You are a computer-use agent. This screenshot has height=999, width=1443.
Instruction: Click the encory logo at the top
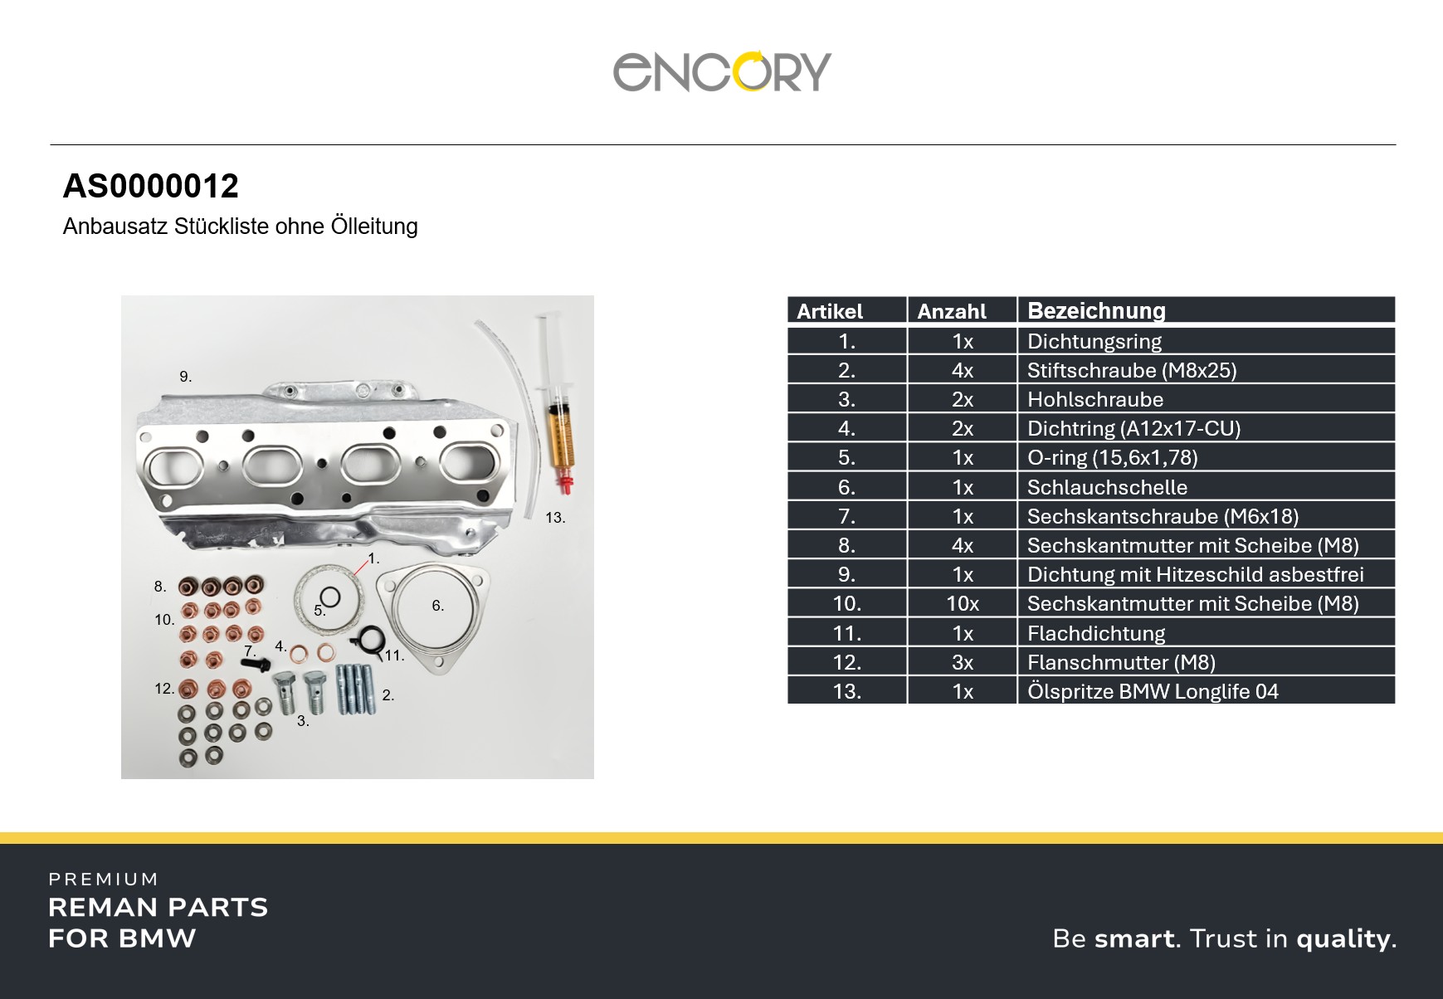pyautogui.click(x=722, y=71)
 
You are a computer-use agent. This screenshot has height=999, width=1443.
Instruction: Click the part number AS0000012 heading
pyautogui.click(x=151, y=186)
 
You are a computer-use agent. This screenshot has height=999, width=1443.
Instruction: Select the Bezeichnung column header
pyautogui.click(x=1096, y=310)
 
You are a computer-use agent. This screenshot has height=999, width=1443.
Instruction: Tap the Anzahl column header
pyautogui.click(x=952, y=311)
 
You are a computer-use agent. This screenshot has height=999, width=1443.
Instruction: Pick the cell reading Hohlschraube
pyautogui.click(x=1095, y=399)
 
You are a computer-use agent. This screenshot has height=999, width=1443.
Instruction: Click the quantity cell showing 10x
pyautogui.click(x=963, y=603)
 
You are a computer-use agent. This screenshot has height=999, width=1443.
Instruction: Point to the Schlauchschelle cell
pyautogui.click(x=1107, y=487)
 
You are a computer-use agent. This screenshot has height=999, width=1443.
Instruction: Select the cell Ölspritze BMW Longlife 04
pyautogui.click(x=1153, y=691)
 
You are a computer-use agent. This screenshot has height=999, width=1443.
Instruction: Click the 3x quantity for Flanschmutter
pyautogui.click(x=963, y=662)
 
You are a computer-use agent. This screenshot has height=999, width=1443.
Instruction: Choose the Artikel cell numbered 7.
pyautogui.click(x=846, y=516)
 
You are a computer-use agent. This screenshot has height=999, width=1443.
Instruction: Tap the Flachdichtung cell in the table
pyautogui.click(x=1096, y=633)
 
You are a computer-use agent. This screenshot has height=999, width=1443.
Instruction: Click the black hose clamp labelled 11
pyautogui.click(x=367, y=639)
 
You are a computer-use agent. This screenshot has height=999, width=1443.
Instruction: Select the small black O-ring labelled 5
pyautogui.click(x=329, y=597)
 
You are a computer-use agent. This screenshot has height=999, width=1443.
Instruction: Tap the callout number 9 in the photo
pyautogui.click(x=185, y=377)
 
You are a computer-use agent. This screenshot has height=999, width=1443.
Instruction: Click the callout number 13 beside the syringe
pyautogui.click(x=555, y=518)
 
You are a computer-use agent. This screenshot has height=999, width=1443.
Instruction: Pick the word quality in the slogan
pyautogui.click(x=1343, y=938)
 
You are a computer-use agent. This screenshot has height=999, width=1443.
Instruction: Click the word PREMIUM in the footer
pyautogui.click(x=104, y=880)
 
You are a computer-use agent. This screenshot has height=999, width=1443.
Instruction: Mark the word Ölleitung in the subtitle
pyautogui.click(x=374, y=226)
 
